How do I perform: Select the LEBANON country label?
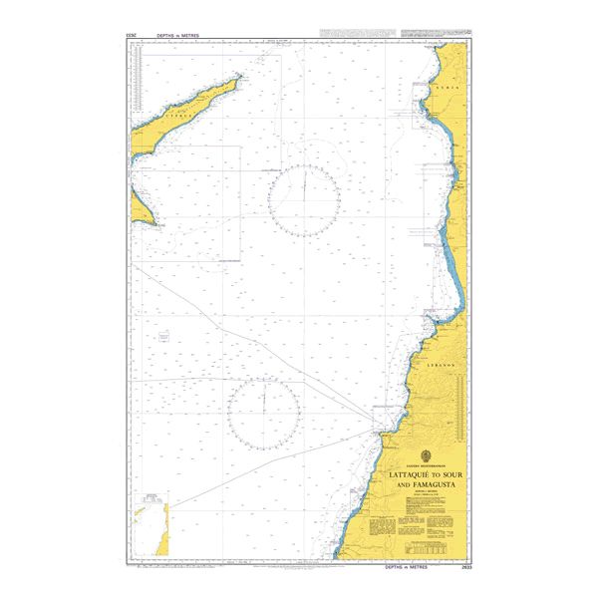click(x=442, y=366)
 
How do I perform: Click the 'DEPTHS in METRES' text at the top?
click(x=178, y=35)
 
